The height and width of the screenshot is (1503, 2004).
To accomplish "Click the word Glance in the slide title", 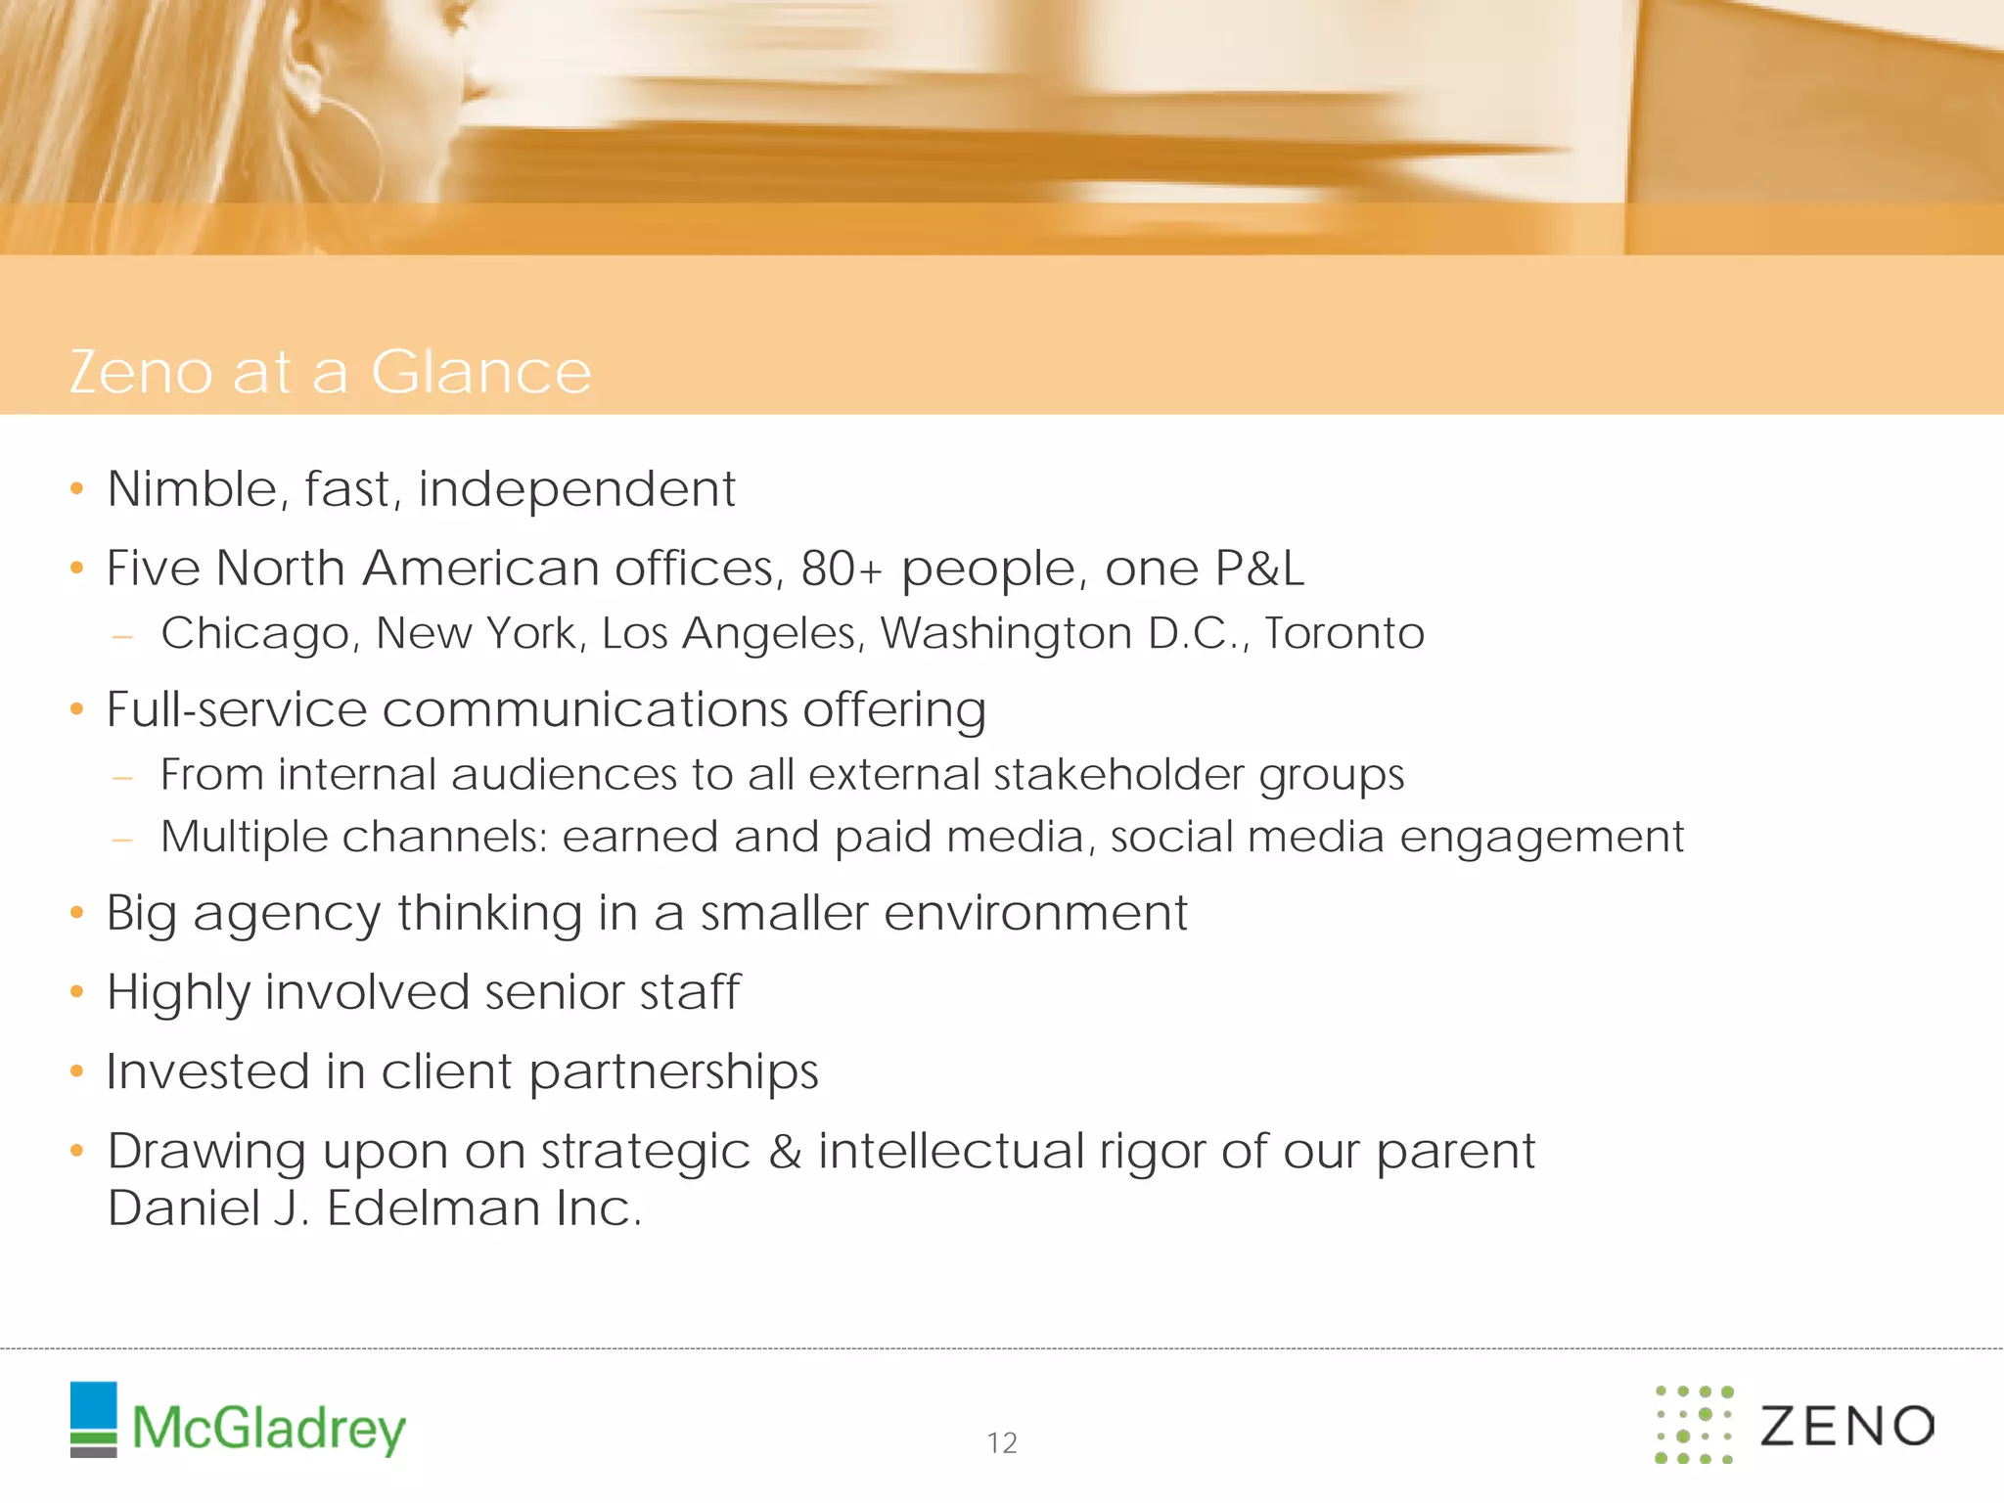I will [480, 372].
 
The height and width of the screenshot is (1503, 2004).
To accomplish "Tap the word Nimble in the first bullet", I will [192, 488].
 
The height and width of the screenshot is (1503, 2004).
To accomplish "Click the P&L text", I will [1259, 569].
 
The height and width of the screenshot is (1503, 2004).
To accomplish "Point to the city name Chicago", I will [254, 634].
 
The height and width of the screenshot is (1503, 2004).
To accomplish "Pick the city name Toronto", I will [1344, 633].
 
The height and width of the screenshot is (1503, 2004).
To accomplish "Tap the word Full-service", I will [236, 708].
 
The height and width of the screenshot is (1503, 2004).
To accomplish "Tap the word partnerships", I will [673, 1072].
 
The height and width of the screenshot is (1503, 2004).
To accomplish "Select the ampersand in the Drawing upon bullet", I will [785, 1152].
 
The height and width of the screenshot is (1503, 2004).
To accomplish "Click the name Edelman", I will [433, 1208].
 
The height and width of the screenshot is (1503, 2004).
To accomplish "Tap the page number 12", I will [1002, 1442].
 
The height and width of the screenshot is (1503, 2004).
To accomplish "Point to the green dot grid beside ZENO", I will [1694, 1424].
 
